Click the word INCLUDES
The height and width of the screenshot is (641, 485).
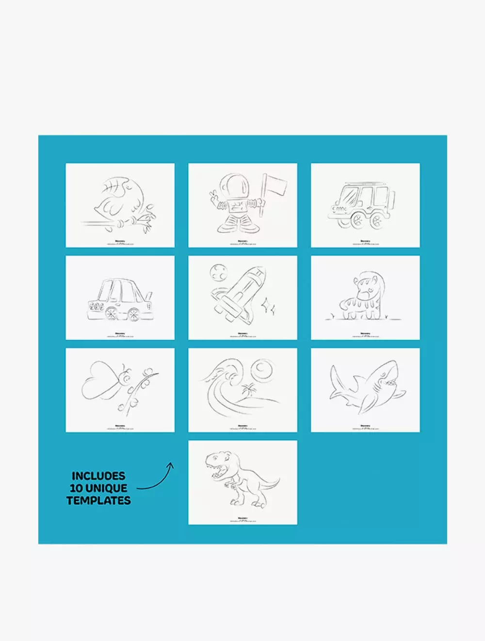98,476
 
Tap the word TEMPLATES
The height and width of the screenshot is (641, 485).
98,500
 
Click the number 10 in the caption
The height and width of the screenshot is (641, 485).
76,488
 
